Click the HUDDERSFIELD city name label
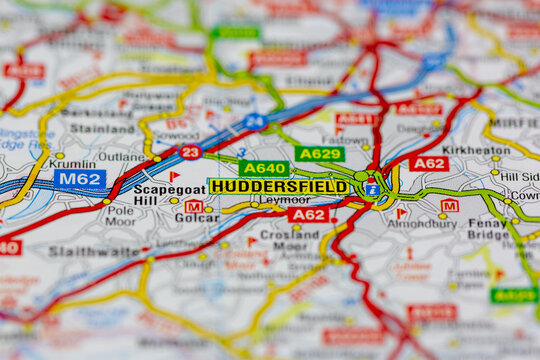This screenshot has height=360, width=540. coord(279,187)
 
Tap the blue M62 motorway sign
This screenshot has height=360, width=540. coord(80,179)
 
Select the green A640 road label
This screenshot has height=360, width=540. coord(264,169)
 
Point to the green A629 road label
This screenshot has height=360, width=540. coord(319,154)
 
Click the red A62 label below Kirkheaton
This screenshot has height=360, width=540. coord(428,163)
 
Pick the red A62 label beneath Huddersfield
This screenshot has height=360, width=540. coord(308,214)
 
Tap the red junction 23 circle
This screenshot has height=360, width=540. coord(190,152)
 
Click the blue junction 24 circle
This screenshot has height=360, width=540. coord(254,122)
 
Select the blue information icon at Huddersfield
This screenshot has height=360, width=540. coord(371,189)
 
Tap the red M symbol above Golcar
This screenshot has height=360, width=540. coord(193,206)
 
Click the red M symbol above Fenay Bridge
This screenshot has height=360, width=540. coord(449,206)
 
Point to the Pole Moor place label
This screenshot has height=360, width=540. coord(121,217)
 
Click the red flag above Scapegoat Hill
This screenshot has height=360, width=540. coord(174,177)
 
